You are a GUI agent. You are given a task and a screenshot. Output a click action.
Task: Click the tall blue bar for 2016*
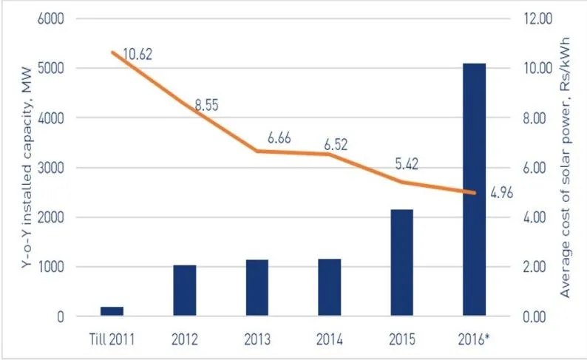474,190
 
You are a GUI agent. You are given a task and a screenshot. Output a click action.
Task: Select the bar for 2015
401,263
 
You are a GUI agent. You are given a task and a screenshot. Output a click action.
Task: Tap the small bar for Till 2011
112,311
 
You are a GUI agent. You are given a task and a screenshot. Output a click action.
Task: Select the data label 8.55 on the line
209,106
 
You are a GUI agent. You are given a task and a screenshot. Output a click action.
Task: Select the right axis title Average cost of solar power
567,167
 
